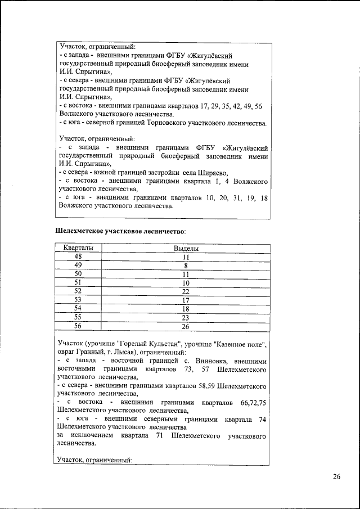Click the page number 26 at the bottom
[336, 477]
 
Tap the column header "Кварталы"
[78, 247]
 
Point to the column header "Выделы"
[185, 247]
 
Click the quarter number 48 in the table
[78, 256]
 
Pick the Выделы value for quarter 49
[185, 265]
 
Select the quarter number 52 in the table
[78, 291]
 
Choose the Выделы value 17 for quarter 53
[185, 300]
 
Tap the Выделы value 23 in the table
[185, 317]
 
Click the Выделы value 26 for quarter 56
[185, 326]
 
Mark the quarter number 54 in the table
[78, 308]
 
